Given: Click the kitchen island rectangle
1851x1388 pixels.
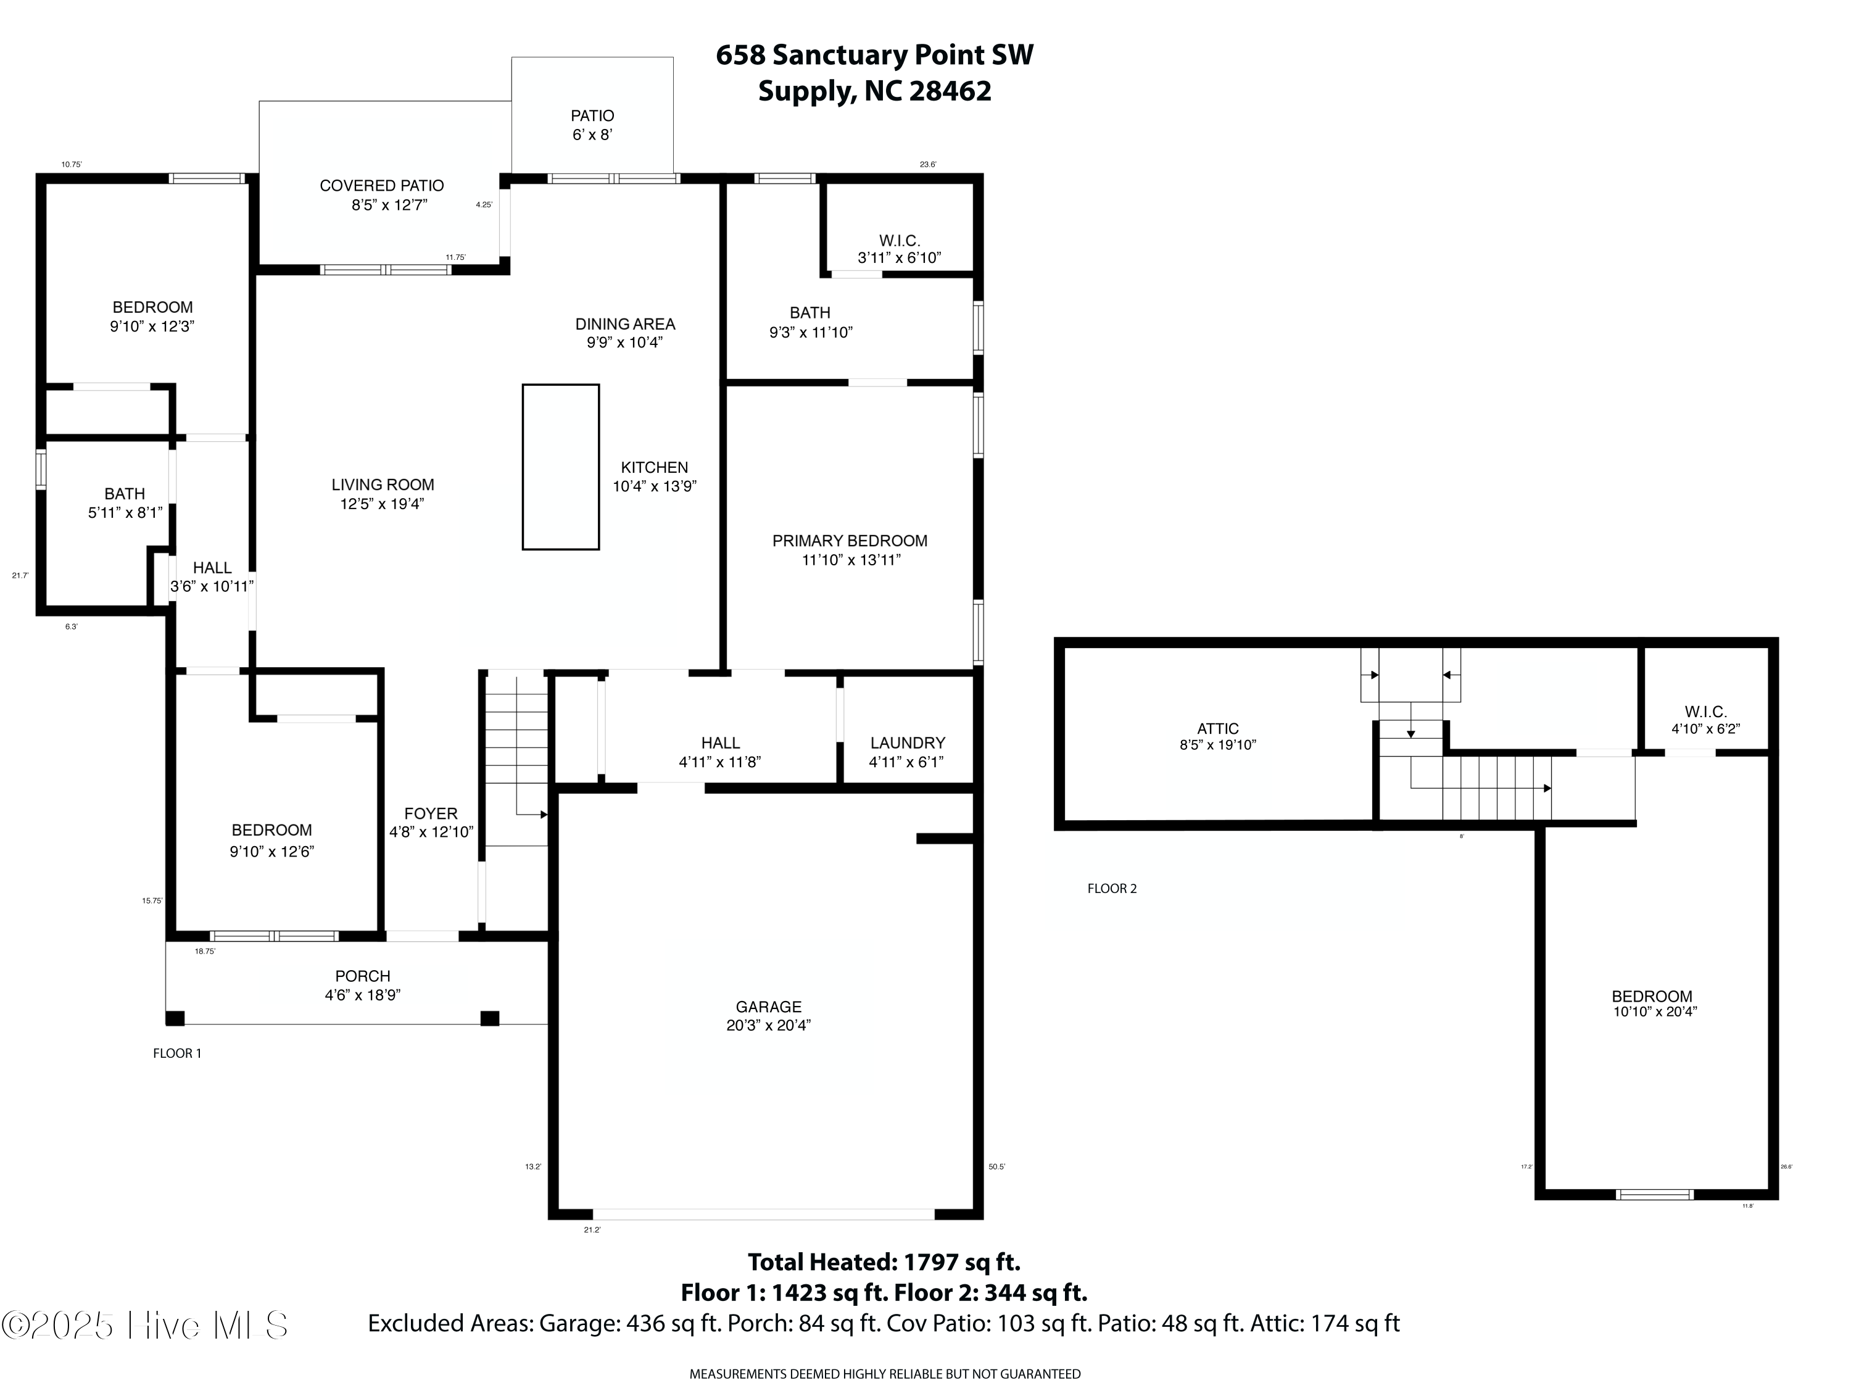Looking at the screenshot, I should pyautogui.click(x=561, y=467).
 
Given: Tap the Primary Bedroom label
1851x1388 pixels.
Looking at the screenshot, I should pyautogui.click(x=850, y=541).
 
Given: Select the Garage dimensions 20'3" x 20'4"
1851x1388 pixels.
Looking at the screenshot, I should pyautogui.click(x=768, y=1026).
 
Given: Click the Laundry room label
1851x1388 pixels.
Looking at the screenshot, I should pyautogui.click(x=907, y=742).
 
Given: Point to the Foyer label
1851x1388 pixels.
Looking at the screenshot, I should pyautogui.click(x=431, y=813).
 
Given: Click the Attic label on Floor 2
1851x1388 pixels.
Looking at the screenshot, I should pyautogui.click(x=1217, y=728).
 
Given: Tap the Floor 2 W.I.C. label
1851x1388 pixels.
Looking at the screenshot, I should pyautogui.click(x=1705, y=712).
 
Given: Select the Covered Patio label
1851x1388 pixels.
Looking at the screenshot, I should pyautogui.click(x=381, y=186).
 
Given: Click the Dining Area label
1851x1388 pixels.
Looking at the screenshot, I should pyautogui.click(x=625, y=324).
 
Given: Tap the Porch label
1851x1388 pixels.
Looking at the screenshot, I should pyautogui.click(x=362, y=976).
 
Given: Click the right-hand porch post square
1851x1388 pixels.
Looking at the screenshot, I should pyautogui.click(x=489, y=1018).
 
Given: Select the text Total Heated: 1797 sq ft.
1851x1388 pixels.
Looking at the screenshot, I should pyautogui.click(x=884, y=1261).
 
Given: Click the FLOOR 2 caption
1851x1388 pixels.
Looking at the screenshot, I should pyautogui.click(x=1112, y=888).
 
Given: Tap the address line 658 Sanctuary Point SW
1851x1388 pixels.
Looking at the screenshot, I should pyautogui.click(x=874, y=56).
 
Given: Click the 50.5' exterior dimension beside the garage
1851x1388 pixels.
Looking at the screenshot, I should pyautogui.click(x=996, y=1166).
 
